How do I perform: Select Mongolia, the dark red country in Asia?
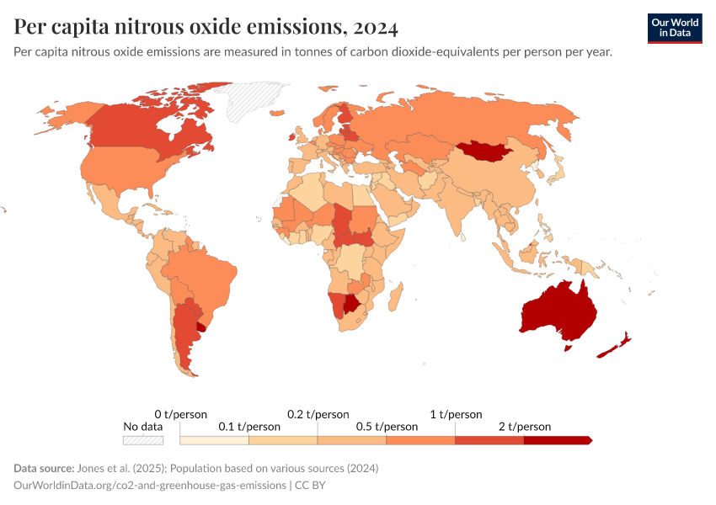[486, 151]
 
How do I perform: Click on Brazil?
[202, 269]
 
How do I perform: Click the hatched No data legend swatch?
[143, 440]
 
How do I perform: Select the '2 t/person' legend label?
[525, 427]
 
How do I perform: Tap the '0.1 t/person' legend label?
[249, 427]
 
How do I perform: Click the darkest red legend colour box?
[557, 440]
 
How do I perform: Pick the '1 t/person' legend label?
[456, 414]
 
